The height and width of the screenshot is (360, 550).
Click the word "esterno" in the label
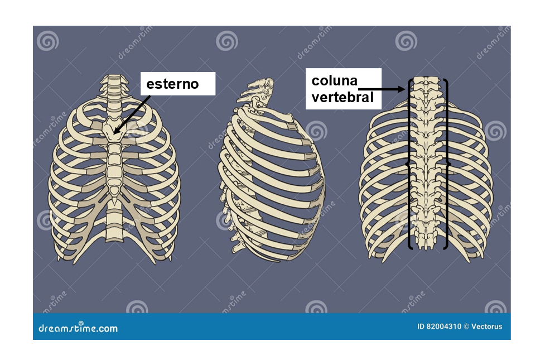coord(172,84)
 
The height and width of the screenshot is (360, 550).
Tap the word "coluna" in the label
coord(334,81)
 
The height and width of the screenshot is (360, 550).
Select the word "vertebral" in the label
coord(342,97)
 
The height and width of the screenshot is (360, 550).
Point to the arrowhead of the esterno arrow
coord(117,131)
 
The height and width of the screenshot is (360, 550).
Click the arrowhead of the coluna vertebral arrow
coord(401,89)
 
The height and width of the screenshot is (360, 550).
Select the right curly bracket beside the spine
coord(446,164)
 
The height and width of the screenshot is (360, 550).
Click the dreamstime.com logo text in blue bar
coord(78,328)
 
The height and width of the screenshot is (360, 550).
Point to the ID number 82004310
coord(443,327)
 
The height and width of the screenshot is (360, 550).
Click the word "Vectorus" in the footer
coord(486,327)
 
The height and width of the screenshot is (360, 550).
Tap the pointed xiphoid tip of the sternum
coord(114,201)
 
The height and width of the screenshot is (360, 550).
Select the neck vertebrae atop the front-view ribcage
coord(113,92)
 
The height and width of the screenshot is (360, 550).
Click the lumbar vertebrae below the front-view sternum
coord(114,224)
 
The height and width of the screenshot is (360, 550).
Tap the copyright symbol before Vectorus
coord(466,327)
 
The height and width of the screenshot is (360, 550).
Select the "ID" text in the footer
coord(421,327)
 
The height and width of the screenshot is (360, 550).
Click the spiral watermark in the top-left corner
coord(48,41)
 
